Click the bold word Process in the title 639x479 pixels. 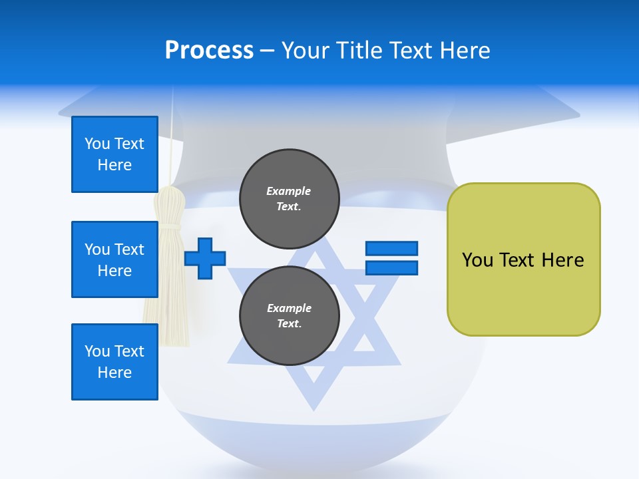(209, 50)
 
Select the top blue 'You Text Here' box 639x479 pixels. (114, 154)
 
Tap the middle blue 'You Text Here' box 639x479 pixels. (114, 259)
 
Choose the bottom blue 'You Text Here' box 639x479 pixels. (114, 362)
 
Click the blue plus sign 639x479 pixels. (205, 258)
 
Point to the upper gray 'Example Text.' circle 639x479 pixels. (289, 198)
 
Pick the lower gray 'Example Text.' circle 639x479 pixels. (289, 315)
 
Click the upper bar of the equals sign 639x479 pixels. (391, 249)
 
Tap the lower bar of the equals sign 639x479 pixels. (391, 267)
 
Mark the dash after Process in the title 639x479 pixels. (267, 51)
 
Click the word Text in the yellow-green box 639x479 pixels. (517, 260)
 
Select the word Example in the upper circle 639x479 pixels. (289, 191)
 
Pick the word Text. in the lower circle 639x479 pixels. (289, 324)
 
